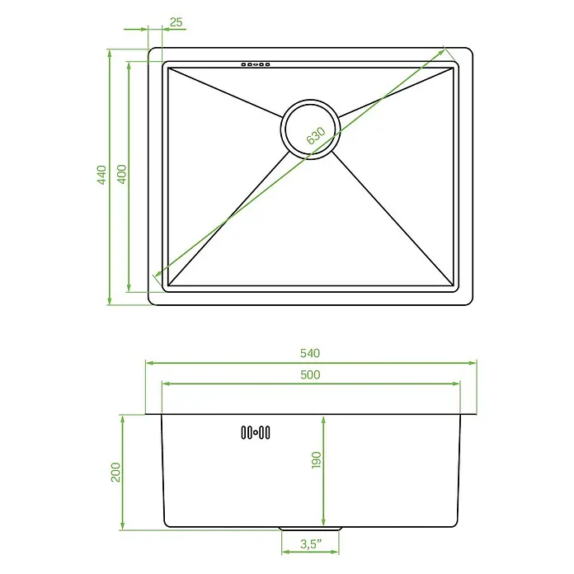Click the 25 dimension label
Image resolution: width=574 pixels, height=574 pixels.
(x=176, y=22)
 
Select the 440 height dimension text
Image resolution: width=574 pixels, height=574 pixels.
(x=101, y=175)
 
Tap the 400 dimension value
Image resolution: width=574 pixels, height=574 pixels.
(x=122, y=174)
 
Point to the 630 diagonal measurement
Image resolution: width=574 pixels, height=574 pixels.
(x=316, y=136)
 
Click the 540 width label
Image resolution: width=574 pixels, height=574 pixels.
(x=310, y=353)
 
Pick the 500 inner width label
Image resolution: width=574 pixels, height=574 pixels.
(x=310, y=375)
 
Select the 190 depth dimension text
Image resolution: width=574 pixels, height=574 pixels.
(x=316, y=460)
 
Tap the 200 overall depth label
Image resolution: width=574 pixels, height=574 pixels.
(x=115, y=473)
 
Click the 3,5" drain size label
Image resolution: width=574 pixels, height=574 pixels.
(x=311, y=544)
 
